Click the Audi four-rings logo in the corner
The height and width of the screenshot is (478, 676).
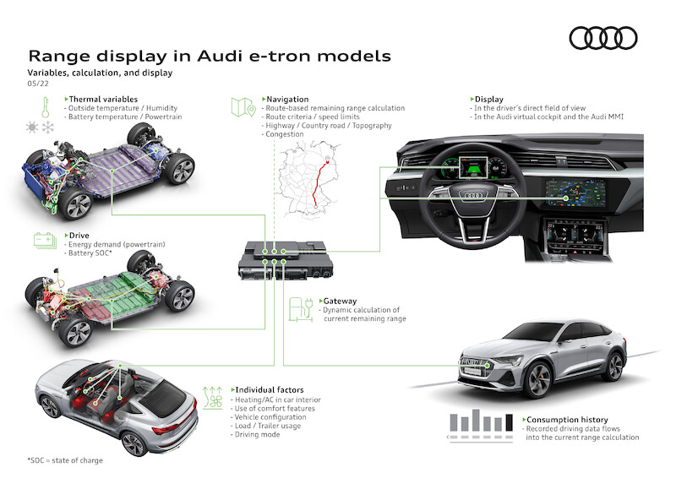pyautogui.click(x=602, y=38)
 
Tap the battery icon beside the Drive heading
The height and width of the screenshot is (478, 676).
pyautogui.click(x=42, y=240)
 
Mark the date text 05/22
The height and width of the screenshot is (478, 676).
pyautogui.click(x=37, y=84)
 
